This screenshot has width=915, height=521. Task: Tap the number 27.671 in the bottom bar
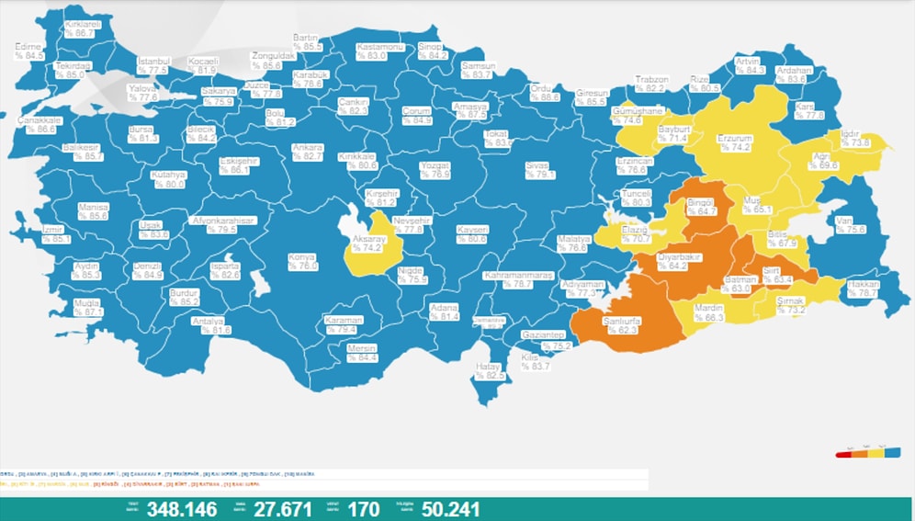pyautogui.click(x=281, y=508)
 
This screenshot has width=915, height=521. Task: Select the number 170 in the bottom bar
pyautogui.click(x=366, y=508)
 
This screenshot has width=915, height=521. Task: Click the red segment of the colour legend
pyautogui.click(x=843, y=454)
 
